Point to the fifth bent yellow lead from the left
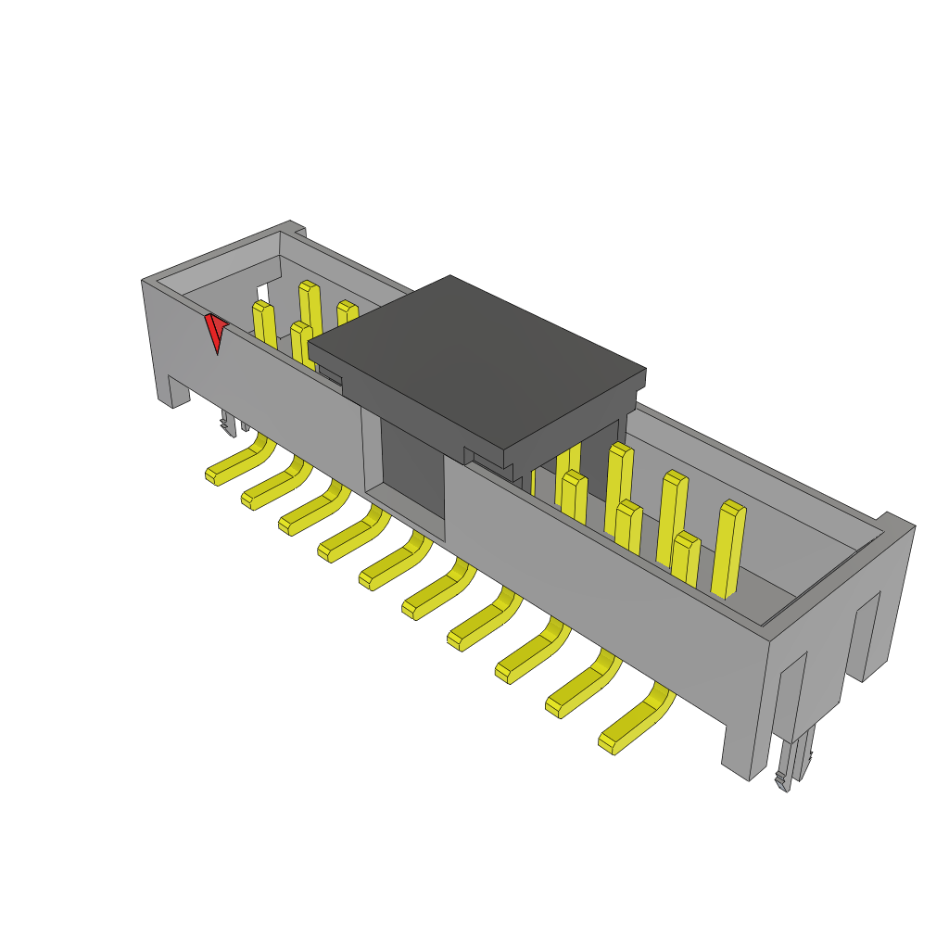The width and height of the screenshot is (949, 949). click(x=394, y=565)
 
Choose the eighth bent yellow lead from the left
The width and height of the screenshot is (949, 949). click(x=532, y=652)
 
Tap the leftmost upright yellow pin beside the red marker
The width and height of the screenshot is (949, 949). click(x=264, y=325)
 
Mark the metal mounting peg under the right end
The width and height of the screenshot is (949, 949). click(x=794, y=760)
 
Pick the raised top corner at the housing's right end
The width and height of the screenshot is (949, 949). click(x=894, y=525)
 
